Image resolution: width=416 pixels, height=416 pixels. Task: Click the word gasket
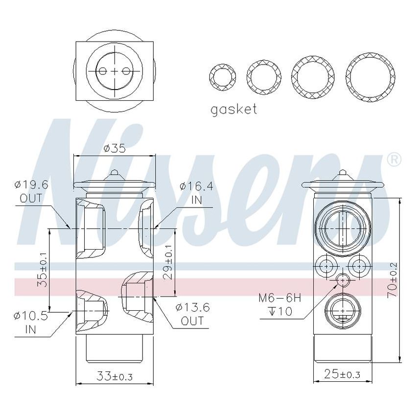(x=233, y=109)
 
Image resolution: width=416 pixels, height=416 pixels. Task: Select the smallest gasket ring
(x=222, y=76)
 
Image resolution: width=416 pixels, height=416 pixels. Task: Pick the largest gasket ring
(x=370, y=77)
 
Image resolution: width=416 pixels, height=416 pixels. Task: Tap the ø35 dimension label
(x=115, y=148)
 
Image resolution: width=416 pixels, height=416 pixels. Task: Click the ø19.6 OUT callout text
(x=32, y=192)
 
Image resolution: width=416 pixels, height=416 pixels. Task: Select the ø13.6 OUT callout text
(x=192, y=314)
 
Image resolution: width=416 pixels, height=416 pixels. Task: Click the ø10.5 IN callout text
(x=31, y=323)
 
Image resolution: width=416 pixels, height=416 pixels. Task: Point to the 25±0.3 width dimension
(x=343, y=375)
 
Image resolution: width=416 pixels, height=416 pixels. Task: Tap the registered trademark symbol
(x=394, y=160)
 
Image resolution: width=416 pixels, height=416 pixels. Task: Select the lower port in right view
(x=343, y=309)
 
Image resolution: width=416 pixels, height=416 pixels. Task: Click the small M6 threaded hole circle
(x=343, y=280)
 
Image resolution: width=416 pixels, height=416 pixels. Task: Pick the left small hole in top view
(x=102, y=71)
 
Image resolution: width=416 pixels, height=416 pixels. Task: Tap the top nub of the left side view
(x=115, y=173)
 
